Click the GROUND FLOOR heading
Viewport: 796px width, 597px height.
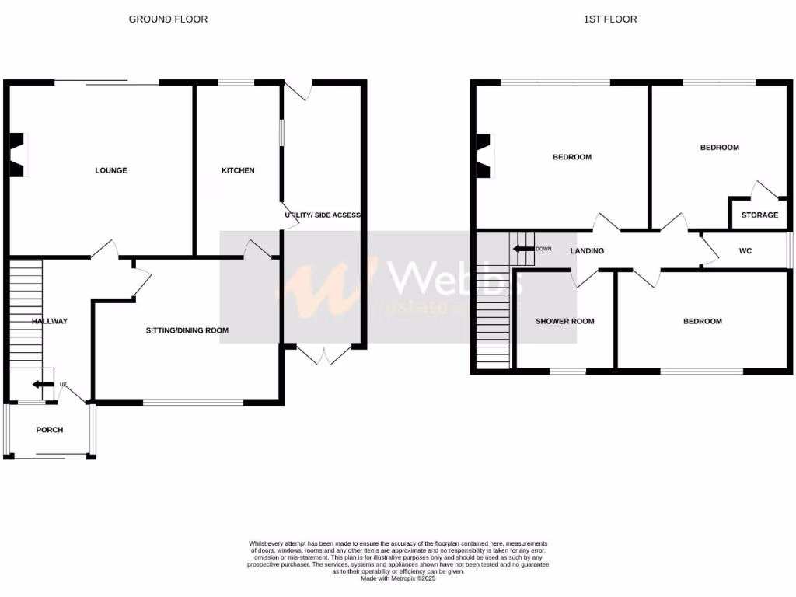[x=168, y=19]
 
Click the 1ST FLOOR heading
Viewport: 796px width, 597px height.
[x=610, y=19]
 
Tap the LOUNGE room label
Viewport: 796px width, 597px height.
[x=111, y=170]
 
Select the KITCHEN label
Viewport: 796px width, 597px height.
[x=238, y=170]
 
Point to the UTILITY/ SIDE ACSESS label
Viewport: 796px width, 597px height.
[x=323, y=215]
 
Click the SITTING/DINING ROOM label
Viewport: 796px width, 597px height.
[x=187, y=330]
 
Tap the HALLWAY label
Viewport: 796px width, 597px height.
[x=50, y=321]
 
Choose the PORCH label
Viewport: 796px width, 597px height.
[x=50, y=430]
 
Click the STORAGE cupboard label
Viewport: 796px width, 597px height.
[x=759, y=215]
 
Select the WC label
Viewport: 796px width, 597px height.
[x=745, y=251]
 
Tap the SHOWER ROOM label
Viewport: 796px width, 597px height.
[x=565, y=321]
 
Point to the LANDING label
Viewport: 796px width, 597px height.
[x=587, y=251]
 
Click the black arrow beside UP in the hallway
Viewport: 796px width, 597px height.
[x=38, y=384]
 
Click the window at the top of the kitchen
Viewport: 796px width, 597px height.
[x=236, y=82]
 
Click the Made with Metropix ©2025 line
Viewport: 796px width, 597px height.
[x=398, y=578]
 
